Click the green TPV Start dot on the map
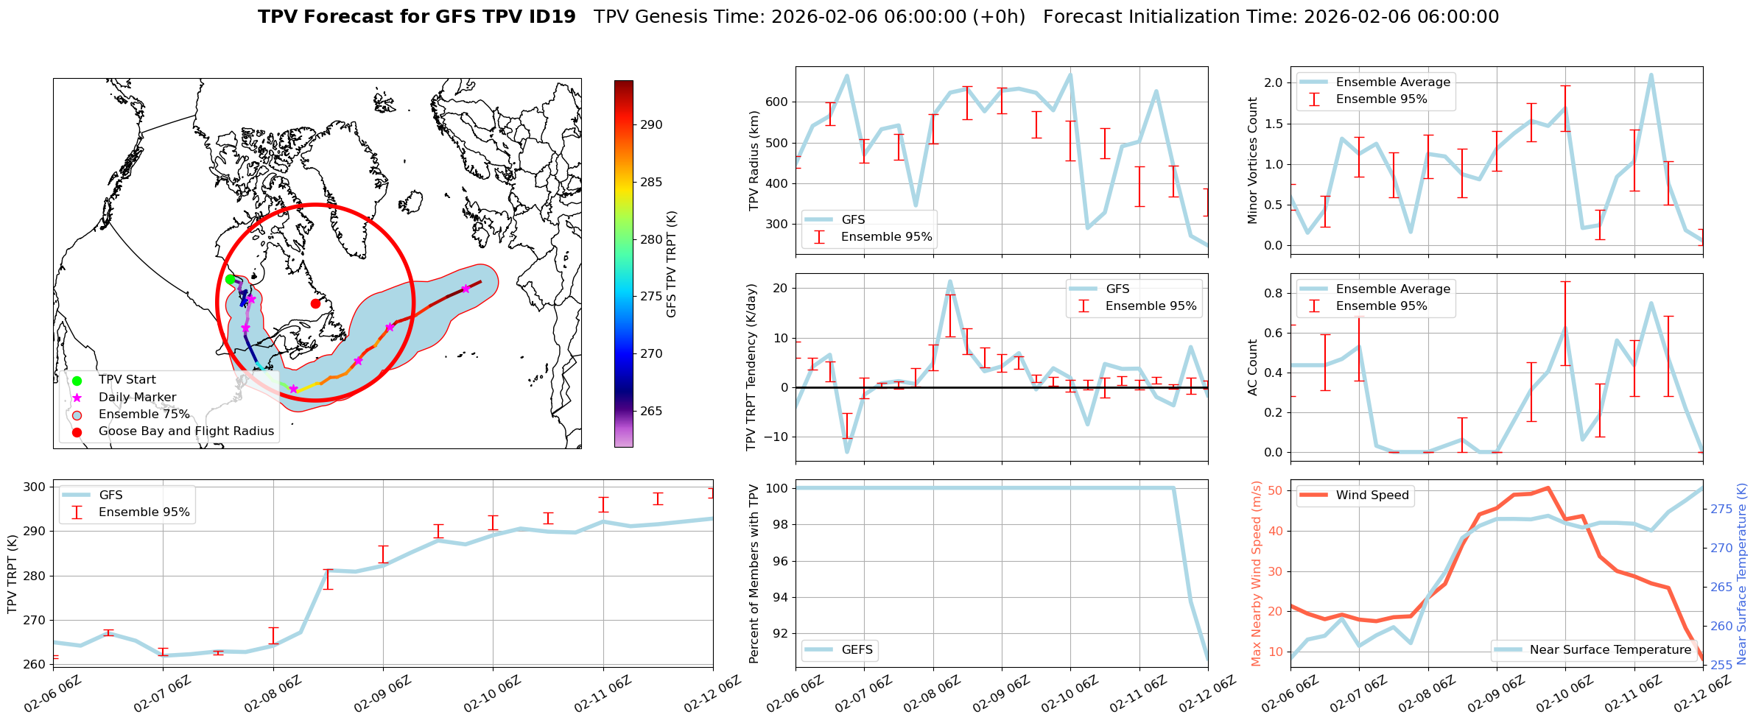(230, 279)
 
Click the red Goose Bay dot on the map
(315, 303)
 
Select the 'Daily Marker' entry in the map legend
(137, 398)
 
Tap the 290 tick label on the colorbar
(651, 125)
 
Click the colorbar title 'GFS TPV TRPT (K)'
(671, 264)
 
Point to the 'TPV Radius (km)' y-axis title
(754, 161)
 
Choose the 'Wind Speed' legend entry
(1372, 495)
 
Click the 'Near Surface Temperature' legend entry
(1610, 650)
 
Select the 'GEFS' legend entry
(857, 650)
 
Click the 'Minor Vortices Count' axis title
(1253, 161)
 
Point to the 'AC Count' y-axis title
(1253, 367)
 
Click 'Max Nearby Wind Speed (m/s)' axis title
(1256, 574)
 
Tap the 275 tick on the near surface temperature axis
(1721, 509)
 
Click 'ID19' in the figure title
(552, 17)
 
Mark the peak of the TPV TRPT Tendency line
(950, 281)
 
